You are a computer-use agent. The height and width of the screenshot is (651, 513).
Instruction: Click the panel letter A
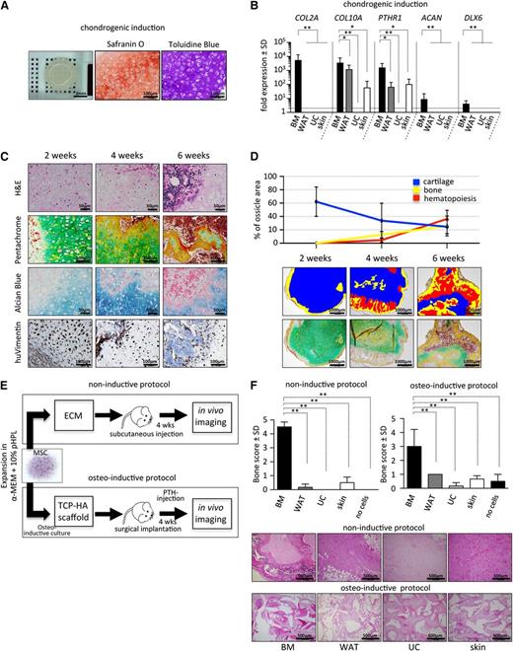pyautogui.click(x=7, y=7)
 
